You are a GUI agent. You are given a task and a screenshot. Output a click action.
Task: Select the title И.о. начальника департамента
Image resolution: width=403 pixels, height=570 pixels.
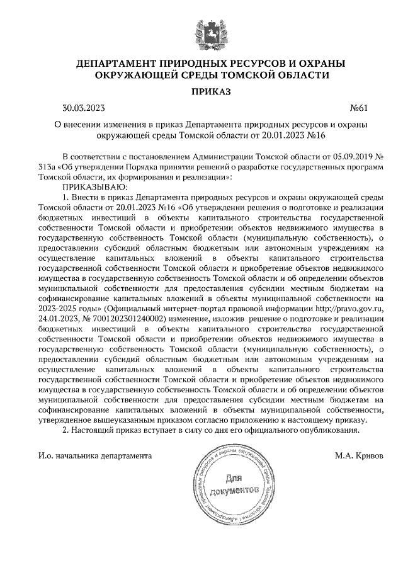94,454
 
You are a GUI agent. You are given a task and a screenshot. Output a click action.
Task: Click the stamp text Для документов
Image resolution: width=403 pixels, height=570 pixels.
235,485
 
